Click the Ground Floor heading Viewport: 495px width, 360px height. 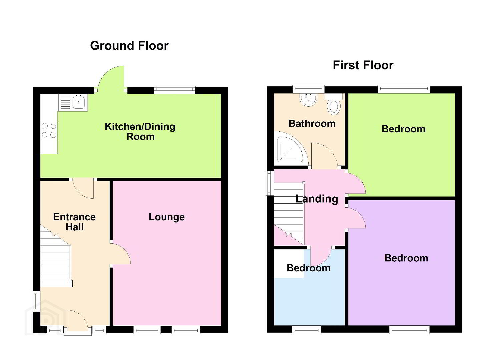point(129,46)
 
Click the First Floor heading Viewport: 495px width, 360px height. point(363,65)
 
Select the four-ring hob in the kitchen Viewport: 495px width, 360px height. point(49,130)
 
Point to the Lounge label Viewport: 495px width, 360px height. point(167,217)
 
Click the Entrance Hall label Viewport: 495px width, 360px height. point(74,222)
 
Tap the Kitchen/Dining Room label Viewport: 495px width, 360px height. point(140,132)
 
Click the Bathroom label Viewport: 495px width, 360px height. point(312,123)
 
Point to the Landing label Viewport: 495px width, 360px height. point(317,199)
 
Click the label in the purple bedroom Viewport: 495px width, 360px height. point(406,258)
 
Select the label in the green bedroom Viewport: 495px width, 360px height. point(403,129)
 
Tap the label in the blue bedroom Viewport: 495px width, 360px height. point(309,268)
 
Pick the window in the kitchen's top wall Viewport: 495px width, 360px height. point(175,90)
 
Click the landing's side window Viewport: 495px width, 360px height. point(270,183)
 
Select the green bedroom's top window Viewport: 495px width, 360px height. point(404,89)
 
